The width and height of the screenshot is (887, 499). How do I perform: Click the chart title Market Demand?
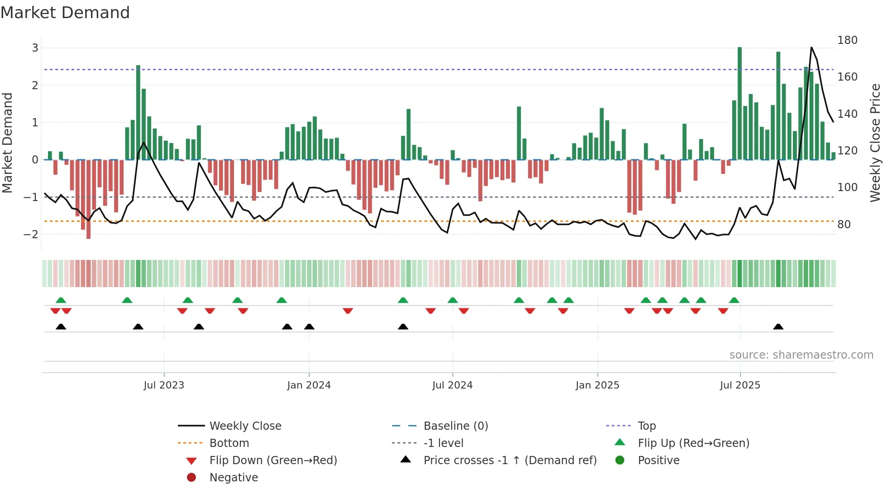point(65,13)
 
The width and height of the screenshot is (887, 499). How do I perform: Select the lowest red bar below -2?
point(88,199)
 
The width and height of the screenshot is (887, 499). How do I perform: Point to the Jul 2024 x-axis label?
point(452,385)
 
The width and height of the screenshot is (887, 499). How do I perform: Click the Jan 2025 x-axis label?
point(597,385)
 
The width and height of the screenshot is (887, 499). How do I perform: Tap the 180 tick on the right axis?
point(847,40)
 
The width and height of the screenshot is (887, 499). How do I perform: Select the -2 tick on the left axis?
point(32,234)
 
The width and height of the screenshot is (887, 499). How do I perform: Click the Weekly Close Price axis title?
point(875,143)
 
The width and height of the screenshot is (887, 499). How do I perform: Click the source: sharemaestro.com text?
point(801,355)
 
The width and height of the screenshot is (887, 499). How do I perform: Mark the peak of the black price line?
point(811,48)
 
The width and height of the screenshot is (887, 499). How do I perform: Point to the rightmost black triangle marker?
point(778,327)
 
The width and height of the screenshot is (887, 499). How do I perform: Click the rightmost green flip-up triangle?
point(734,300)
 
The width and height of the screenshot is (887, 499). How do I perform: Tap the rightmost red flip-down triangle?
point(723,311)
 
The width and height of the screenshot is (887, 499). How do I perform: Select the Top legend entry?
point(646,426)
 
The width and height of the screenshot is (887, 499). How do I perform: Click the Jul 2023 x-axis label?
point(164,385)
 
